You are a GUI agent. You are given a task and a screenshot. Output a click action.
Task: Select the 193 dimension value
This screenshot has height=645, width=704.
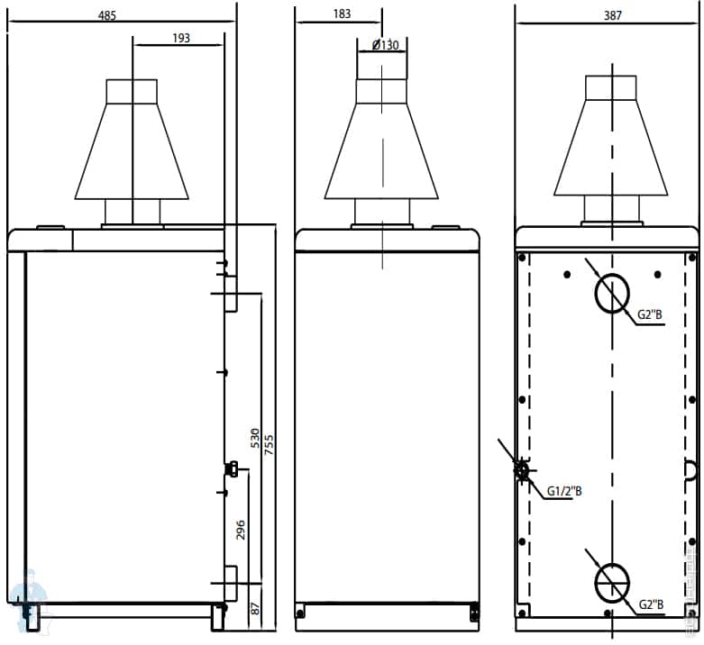tap(180, 38)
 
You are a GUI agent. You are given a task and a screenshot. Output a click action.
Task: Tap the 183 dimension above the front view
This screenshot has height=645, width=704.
tap(343, 16)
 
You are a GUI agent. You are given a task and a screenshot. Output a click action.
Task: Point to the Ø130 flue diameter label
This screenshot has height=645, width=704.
tap(379, 46)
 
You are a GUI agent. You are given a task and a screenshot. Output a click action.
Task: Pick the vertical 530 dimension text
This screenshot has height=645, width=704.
tap(255, 439)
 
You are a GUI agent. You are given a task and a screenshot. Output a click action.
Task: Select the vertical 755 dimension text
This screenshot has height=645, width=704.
tap(269, 444)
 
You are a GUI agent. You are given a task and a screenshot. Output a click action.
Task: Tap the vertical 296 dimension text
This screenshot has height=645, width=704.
tap(241, 529)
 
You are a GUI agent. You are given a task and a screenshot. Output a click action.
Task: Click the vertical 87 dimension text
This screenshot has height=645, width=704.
tap(255, 608)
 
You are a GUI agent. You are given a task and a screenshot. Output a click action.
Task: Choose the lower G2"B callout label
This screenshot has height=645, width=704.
tap(652, 604)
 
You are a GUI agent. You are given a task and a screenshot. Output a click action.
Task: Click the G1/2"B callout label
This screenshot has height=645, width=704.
tap(565, 491)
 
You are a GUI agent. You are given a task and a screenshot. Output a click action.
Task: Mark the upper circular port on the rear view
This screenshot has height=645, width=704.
tap(612, 294)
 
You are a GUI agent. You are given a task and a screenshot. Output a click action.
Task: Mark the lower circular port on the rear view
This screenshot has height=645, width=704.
tap(612, 582)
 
